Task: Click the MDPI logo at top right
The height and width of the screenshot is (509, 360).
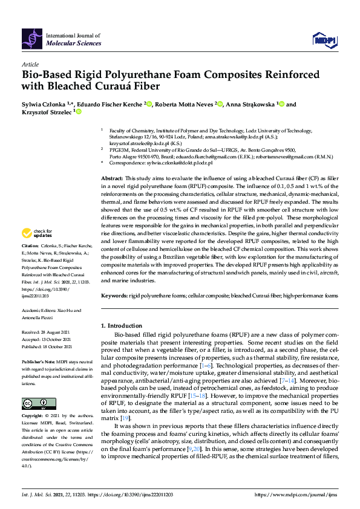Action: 324,40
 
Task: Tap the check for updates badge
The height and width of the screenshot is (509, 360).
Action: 36,250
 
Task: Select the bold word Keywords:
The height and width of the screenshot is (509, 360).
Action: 114,296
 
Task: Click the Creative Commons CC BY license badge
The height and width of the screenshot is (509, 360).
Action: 35,403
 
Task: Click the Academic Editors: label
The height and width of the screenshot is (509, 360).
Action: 38,309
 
